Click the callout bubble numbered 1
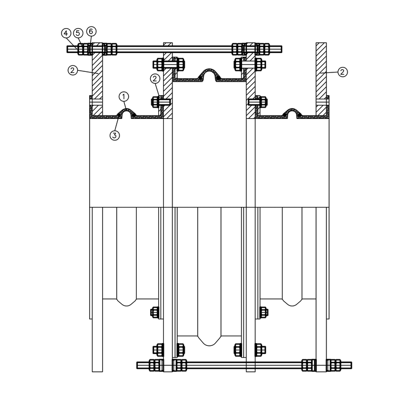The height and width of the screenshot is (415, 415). coord(124,97)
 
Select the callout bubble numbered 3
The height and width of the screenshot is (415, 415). coord(115,136)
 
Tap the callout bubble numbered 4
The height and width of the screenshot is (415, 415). coord(66,34)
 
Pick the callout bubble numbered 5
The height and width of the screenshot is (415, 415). coord(78,33)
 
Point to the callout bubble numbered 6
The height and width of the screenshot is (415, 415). coord(91,31)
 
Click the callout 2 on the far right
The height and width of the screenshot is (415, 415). coord(343,72)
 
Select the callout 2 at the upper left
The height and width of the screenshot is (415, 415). coord(73,70)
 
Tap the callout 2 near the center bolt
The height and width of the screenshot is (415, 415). coord(155,78)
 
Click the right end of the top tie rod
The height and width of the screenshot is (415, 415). coord(282,49)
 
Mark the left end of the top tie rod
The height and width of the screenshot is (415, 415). coord(68,49)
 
